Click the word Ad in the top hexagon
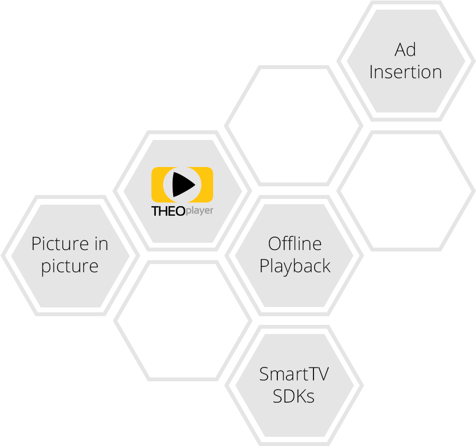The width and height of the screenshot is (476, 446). coord(405,50)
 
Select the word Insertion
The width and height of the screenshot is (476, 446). coord(405,72)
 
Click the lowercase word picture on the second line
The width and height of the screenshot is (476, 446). coord(70,266)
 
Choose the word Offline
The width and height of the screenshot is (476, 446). coord(295,244)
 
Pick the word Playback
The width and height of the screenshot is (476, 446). coord(295,266)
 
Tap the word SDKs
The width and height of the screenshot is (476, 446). coord(294,396)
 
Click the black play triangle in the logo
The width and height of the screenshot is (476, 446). coord(183,184)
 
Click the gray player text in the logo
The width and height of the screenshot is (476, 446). coord(199,211)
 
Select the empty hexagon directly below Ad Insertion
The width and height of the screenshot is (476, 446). coord(405,191)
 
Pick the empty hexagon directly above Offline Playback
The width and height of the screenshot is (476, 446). coord(294,125)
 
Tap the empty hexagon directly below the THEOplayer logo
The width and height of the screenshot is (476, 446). coord(183,321)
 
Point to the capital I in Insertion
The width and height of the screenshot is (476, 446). coord(371,72)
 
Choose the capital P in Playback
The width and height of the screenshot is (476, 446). coord(264,266)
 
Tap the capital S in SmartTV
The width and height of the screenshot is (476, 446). coord(264,374)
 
